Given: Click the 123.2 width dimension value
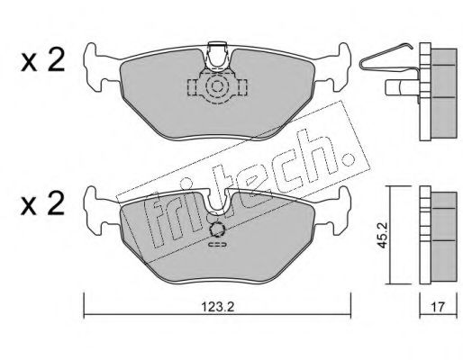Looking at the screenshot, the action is (217, 307).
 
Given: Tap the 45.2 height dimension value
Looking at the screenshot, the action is (382, 235).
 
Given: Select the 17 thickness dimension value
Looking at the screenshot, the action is (438, 307).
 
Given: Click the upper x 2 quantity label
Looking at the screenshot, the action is (42, 60).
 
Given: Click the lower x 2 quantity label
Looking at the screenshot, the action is (42, 203).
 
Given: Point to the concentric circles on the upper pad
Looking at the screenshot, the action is (216, 86).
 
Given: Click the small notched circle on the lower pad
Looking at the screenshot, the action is (217, 230).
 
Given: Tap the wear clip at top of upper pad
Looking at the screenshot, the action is (217, 57).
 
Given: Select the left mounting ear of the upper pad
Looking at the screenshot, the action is (97, 67).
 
